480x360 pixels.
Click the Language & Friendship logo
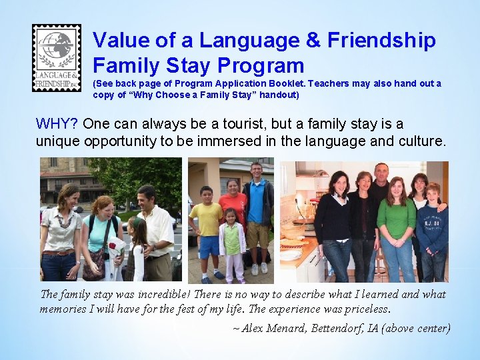click(57, 58)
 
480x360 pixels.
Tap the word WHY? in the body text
click(58, 124)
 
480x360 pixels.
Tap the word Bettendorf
click(337, 327)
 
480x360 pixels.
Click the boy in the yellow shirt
click(207, 227)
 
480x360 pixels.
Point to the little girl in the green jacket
click(231, 243)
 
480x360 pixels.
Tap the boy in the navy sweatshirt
click(433, 230)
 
